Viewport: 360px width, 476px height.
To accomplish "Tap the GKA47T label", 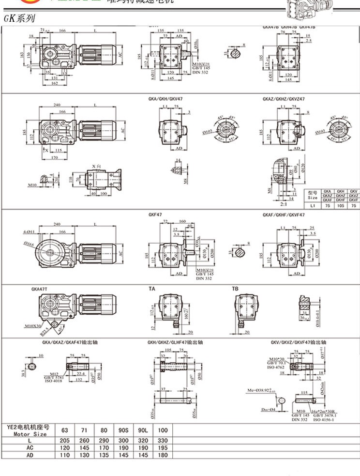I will click(x=39, y=289).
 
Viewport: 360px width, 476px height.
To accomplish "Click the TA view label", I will click(x=152, y=289).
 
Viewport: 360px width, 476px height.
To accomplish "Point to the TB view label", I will click(x=235, y=289).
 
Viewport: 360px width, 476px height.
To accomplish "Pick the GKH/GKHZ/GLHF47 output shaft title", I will click(x=175, y=342).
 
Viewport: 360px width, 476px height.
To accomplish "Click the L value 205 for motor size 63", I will click(x=64, y=441).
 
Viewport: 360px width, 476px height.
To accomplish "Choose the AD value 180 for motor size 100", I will click(x=164, y=456).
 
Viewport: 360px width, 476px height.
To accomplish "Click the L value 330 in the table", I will click(x=164, y=441).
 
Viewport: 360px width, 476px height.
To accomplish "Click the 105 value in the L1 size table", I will click(x=341, y=205).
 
